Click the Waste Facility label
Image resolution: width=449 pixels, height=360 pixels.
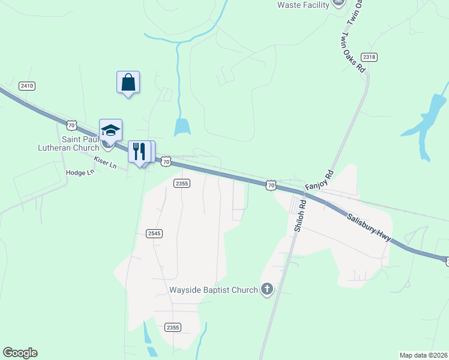pos(303,5)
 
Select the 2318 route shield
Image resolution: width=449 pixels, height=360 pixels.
pos(370,57)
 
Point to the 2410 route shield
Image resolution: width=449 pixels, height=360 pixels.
pos(27,86)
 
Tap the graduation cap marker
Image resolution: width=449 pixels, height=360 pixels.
pos(110,130)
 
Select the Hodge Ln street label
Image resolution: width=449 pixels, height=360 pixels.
pos(80,173)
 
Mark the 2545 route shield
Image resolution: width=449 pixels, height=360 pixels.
pos(154,233)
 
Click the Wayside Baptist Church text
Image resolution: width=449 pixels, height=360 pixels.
pos(212,290)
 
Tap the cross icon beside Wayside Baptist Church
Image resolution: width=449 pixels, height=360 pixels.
pos(267,290)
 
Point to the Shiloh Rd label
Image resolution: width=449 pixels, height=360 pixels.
pos(300,215)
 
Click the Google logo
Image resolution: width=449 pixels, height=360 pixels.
pos(20,353)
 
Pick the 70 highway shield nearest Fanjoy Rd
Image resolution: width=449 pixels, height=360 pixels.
pos(271,186)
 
